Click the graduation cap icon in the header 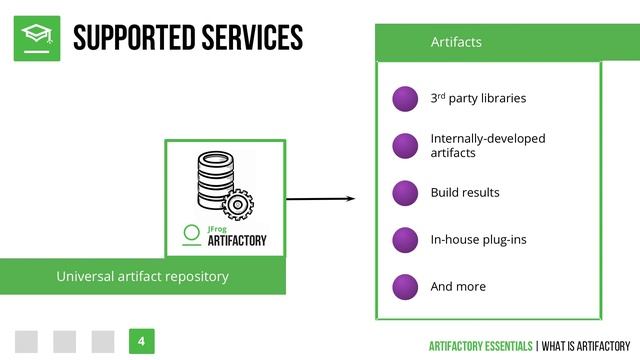[37, 38]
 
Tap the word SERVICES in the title [250, 38]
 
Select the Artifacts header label [456, 42]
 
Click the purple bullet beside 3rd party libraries [405, 98]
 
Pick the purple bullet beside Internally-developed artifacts [405, 145]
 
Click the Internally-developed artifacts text [488, 145]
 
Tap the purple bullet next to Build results [405, 192]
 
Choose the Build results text [465, 192]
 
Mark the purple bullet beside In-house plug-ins [405, 239]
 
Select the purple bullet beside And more [405, 286]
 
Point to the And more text [458, 286]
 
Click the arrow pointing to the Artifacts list [320, 198]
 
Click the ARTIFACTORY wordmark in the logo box [237, 240]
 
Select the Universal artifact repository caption [142, 276]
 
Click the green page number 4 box [141, 341]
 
